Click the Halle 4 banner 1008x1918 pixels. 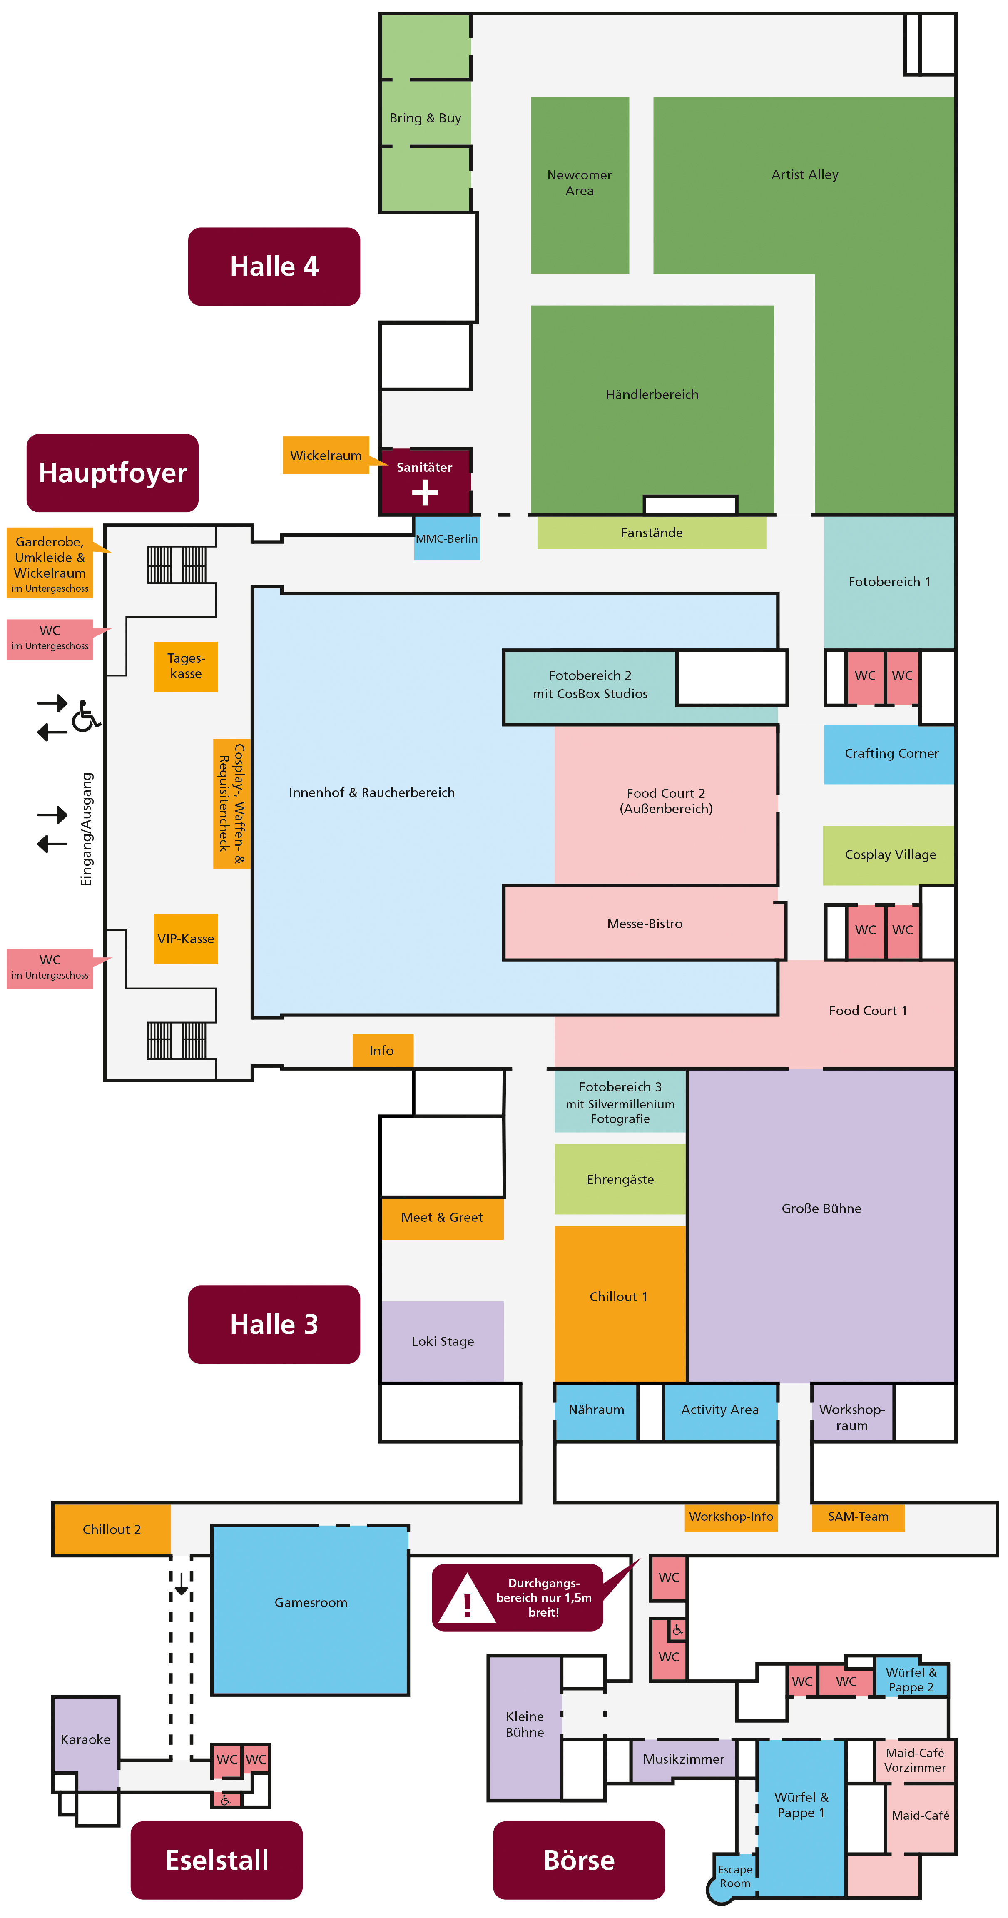[x=274, y=267]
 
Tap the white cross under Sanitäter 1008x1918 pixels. [x=424, y=492]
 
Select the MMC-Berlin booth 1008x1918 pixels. [x=447, y=538]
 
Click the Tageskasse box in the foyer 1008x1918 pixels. [x=185, y=666]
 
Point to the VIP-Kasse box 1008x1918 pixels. [x=185, y=938]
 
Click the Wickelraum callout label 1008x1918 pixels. [x=325, y=455]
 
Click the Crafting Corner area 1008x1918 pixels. [x=890, y=754]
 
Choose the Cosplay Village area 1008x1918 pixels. [x=889, y=855]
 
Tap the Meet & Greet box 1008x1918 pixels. [x=442, y=1217]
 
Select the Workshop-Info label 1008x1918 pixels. [x=730, y=1517]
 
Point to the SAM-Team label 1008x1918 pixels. [x=858, y=1517]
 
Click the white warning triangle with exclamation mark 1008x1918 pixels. [x=467, y=1601]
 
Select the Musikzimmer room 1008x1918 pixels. [x=683, y=1759]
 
